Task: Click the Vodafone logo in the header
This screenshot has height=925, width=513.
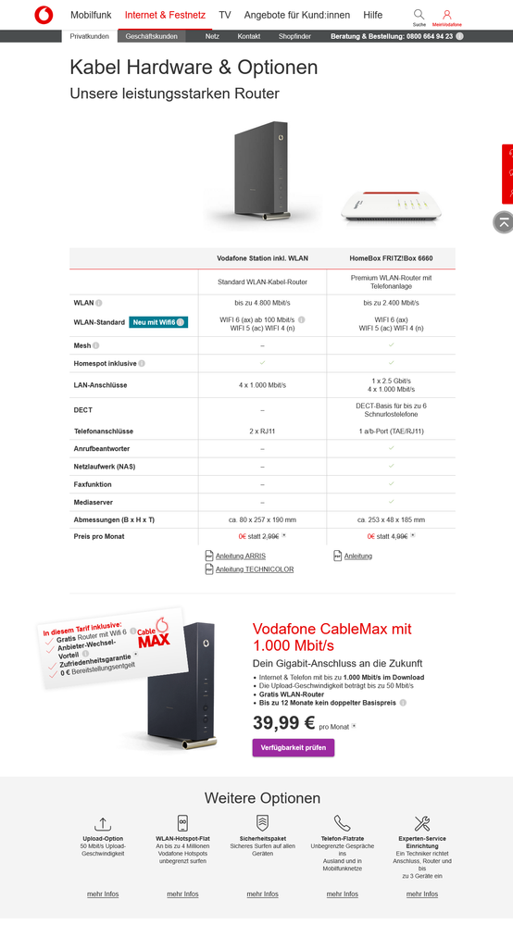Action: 44,15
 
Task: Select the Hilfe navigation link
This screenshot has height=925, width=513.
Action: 373,16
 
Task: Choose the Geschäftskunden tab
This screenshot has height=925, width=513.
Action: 152,36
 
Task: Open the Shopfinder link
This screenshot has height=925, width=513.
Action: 294,36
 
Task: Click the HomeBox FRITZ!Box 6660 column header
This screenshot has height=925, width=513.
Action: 391,258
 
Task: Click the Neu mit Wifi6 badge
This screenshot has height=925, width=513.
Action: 157,322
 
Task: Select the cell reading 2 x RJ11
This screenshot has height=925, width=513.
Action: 263,431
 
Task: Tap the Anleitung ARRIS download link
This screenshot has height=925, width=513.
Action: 240,556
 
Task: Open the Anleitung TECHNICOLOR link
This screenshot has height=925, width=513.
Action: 254,569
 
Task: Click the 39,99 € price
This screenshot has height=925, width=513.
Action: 284,723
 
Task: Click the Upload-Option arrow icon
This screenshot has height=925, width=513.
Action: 103,823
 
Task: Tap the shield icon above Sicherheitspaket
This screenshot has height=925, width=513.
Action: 262,823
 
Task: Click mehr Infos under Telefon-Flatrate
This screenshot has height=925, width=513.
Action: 342,894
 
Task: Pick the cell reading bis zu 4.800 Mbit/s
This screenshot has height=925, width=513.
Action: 263,302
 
